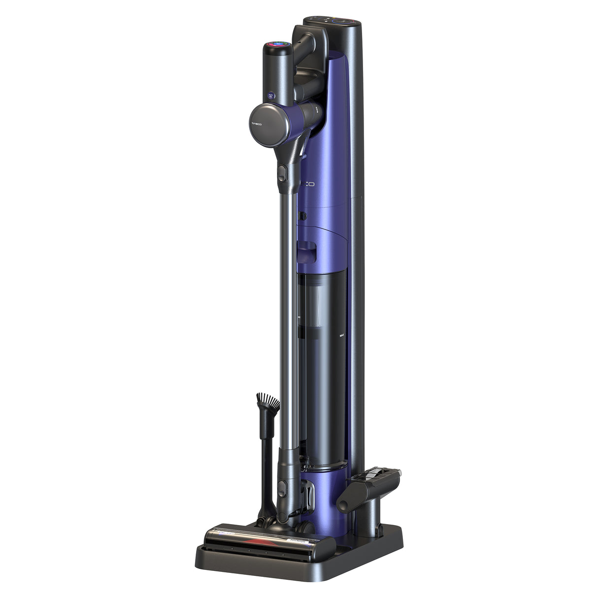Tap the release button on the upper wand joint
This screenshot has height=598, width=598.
(282, 172)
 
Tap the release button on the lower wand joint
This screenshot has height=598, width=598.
(281, 488)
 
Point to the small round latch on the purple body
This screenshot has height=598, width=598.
(303, 215)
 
